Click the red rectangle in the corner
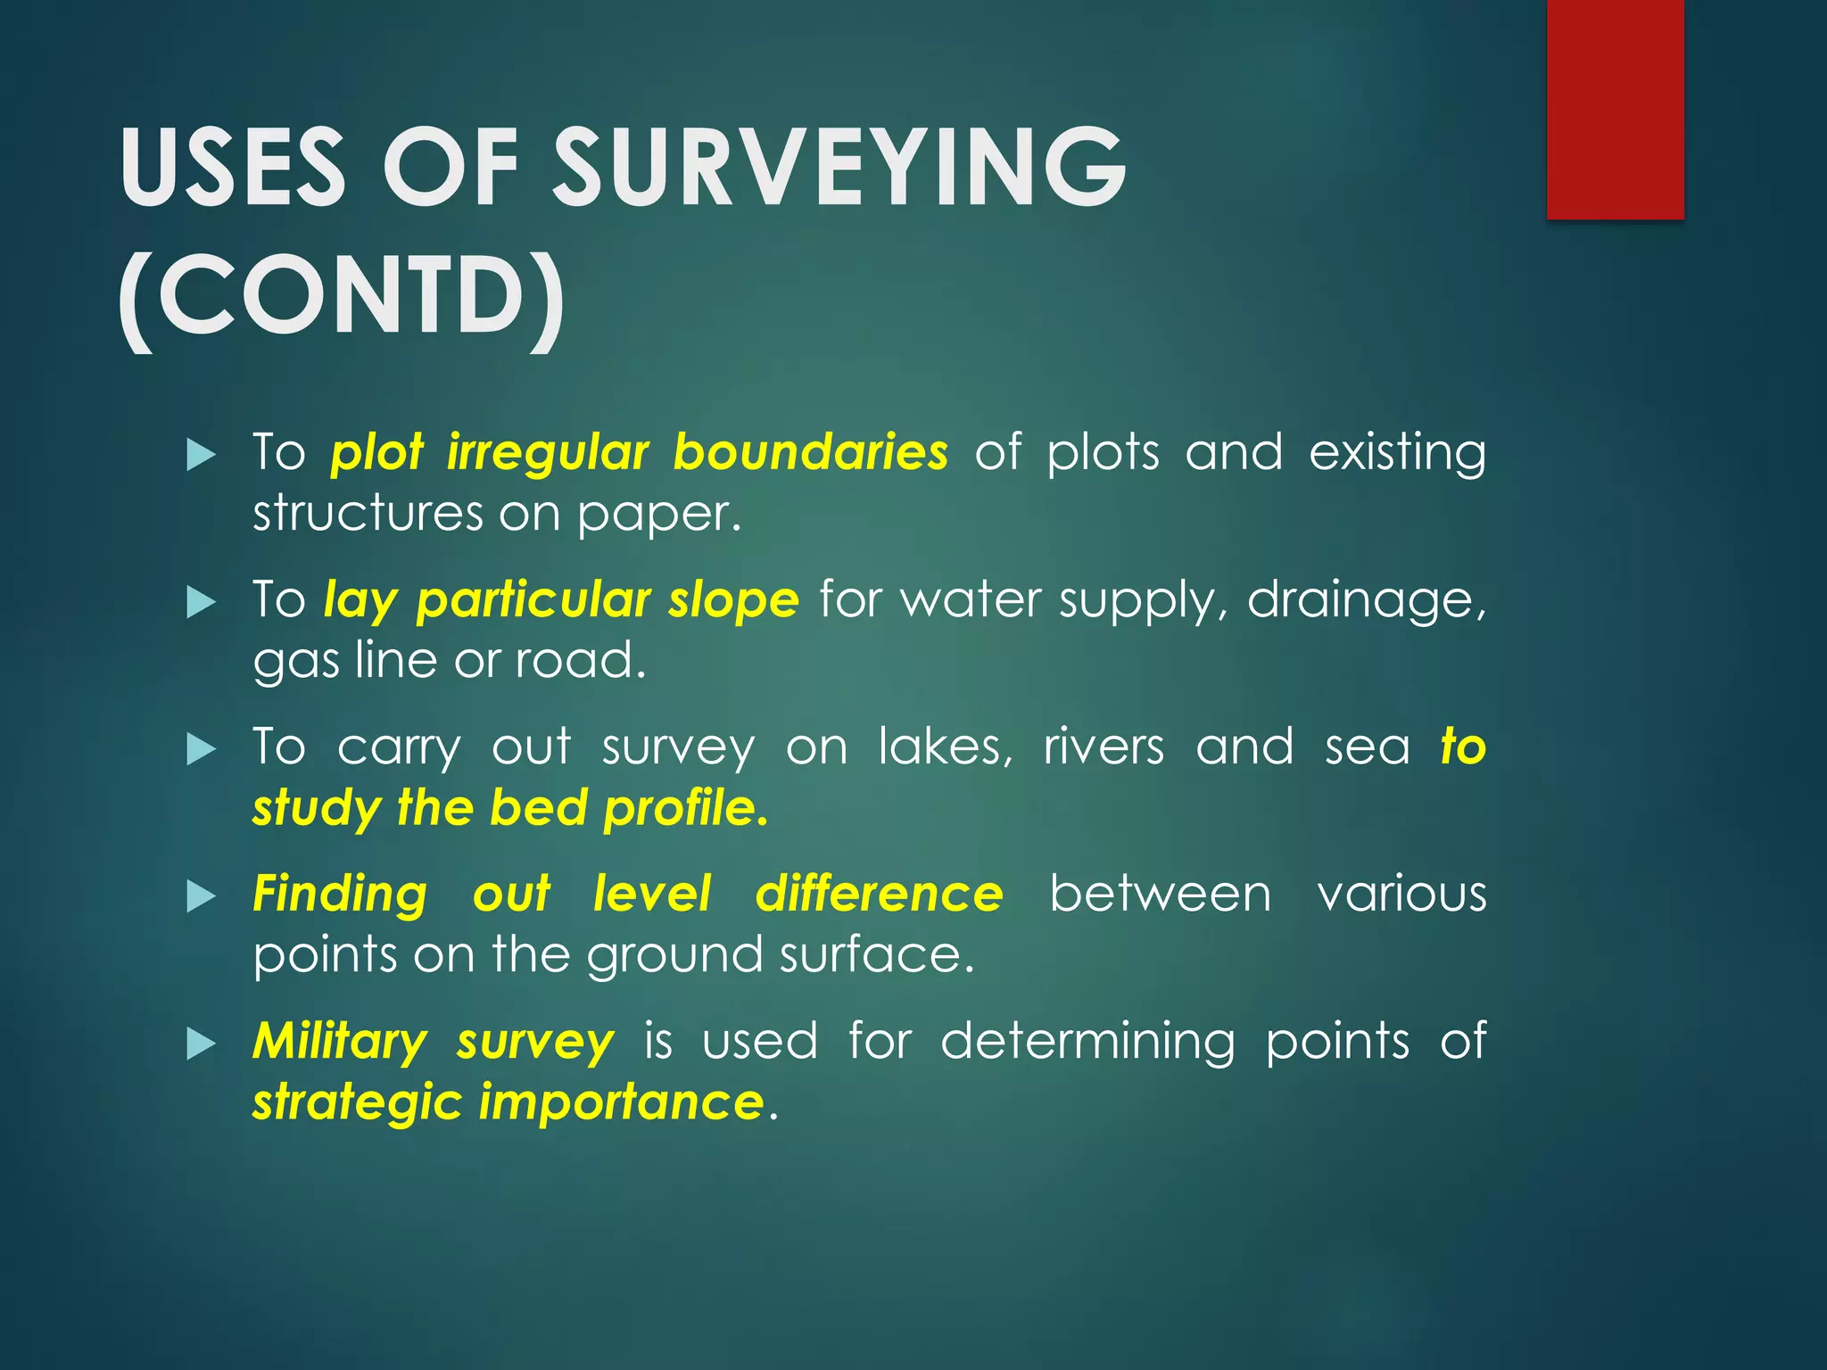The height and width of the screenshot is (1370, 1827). (x=1615, y=109)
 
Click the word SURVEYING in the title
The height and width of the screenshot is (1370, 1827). (x=839, y=168)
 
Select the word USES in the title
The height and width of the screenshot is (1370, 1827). (x=233, y=168)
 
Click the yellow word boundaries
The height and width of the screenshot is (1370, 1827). (x=810, y=451)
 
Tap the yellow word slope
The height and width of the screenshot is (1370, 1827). (x=733, y=599)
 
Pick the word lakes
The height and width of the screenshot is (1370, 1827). (x=945, y=747)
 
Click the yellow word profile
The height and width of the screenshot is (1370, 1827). (x=685, y=809)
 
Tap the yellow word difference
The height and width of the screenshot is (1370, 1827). (x=879, y=894)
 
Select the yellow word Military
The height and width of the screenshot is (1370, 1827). (x=340, y=1042)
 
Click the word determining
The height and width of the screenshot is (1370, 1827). (x=1087, y=1042)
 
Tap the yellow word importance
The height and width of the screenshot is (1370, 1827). (x=621, y=1103)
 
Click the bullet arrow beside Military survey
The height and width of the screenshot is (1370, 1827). (x=202, y=1044)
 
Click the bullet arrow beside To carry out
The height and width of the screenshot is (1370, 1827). (x=202, y=749)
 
